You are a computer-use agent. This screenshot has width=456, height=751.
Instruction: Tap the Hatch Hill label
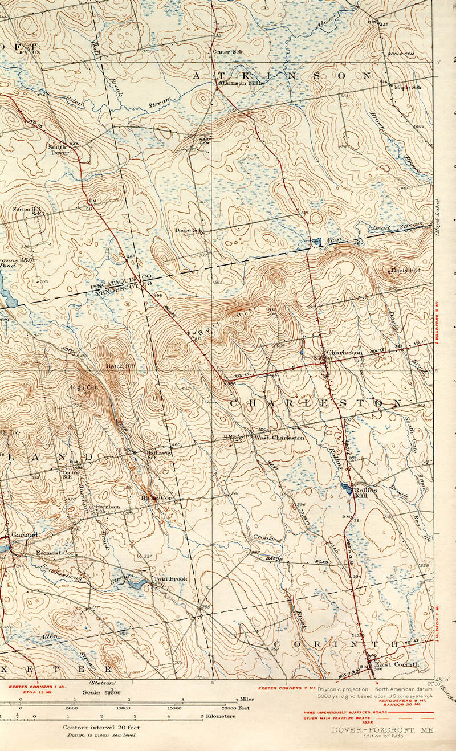[x=119, y=365]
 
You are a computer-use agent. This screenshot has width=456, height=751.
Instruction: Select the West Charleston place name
[x=279, y=438]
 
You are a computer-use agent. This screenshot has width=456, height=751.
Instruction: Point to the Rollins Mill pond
[x=345, y=487]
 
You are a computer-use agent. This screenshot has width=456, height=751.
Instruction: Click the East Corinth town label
[x=397, y=664]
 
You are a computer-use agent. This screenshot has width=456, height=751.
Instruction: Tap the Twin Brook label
[x=170, y=579]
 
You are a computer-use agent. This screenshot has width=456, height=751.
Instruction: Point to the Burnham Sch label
[x=107, y=508]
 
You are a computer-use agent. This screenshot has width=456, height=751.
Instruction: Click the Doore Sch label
[x=189, y=230]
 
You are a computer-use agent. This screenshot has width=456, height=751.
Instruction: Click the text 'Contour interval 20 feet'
[x=101, y=728]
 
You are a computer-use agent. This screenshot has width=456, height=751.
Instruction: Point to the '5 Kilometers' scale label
[x=217, y=716]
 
